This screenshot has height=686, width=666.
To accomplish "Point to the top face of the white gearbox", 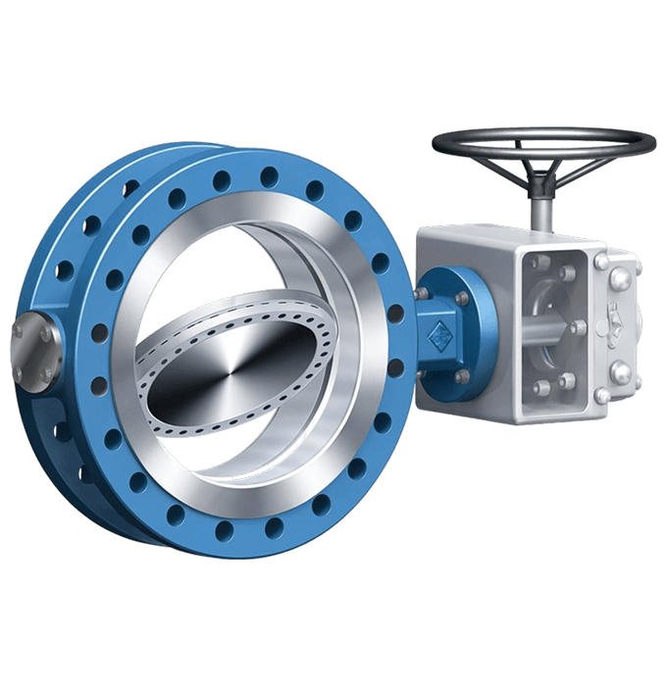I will click(510, 236).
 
